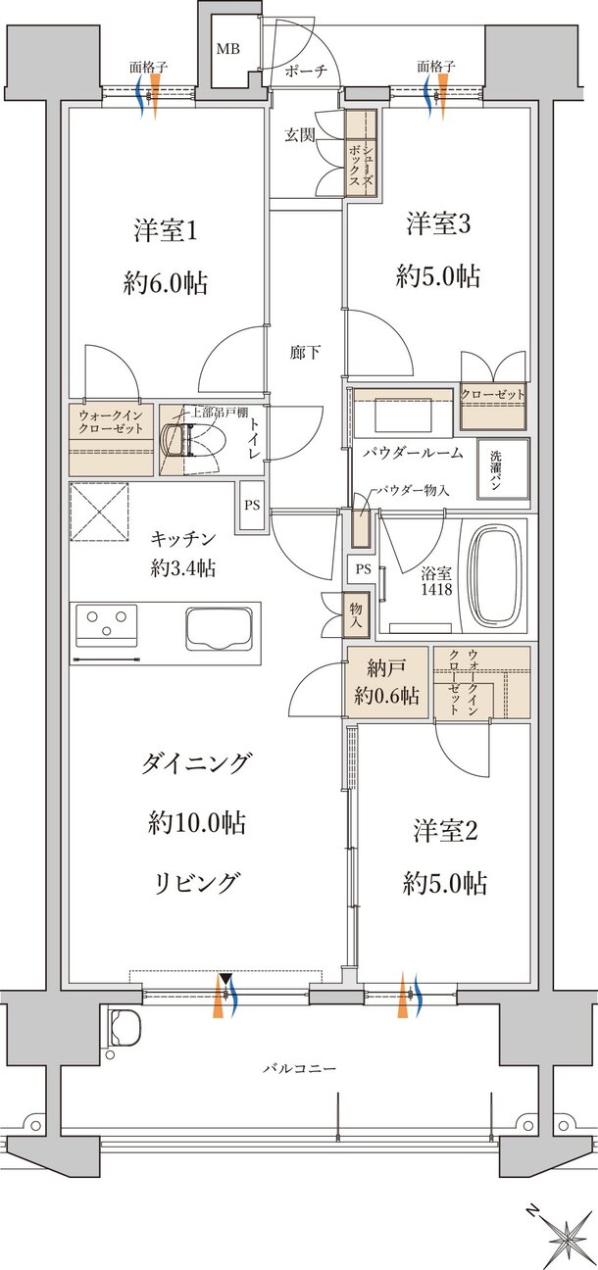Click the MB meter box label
227,48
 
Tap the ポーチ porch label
306,72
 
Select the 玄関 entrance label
300,135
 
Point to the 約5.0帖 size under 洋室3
438,277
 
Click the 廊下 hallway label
305,352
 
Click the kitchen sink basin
219,627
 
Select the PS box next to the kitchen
251,507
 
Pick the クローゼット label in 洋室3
493,395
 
